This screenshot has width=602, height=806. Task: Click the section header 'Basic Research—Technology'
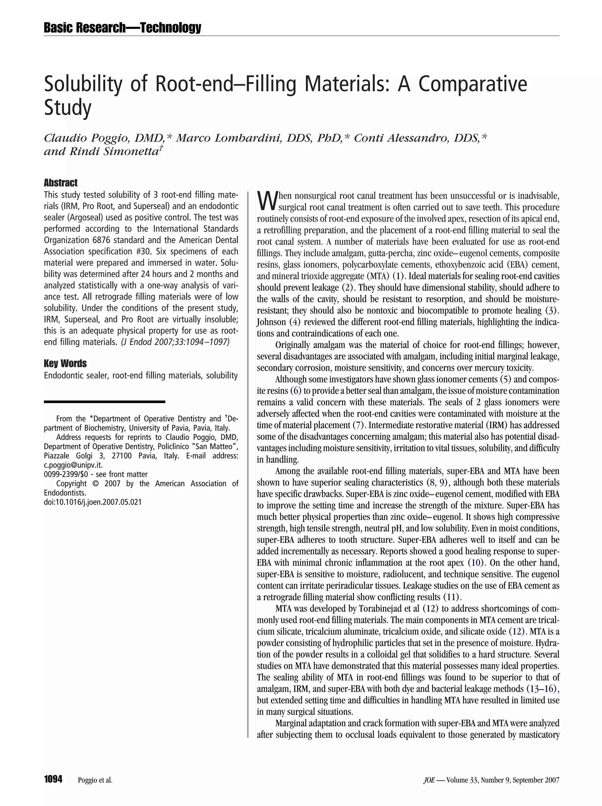coord(122,27)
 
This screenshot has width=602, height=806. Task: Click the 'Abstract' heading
coord(61,183)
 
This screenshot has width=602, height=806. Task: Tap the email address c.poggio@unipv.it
coord(73,465)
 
